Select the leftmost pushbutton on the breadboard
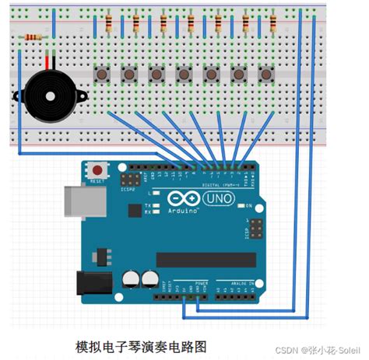click(101, 74)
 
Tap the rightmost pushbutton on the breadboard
click(265, 74)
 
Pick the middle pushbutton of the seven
click(184, 74)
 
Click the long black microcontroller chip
click(206, 260)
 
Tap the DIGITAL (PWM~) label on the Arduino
click(221, 184)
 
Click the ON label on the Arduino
click(248, 206)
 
